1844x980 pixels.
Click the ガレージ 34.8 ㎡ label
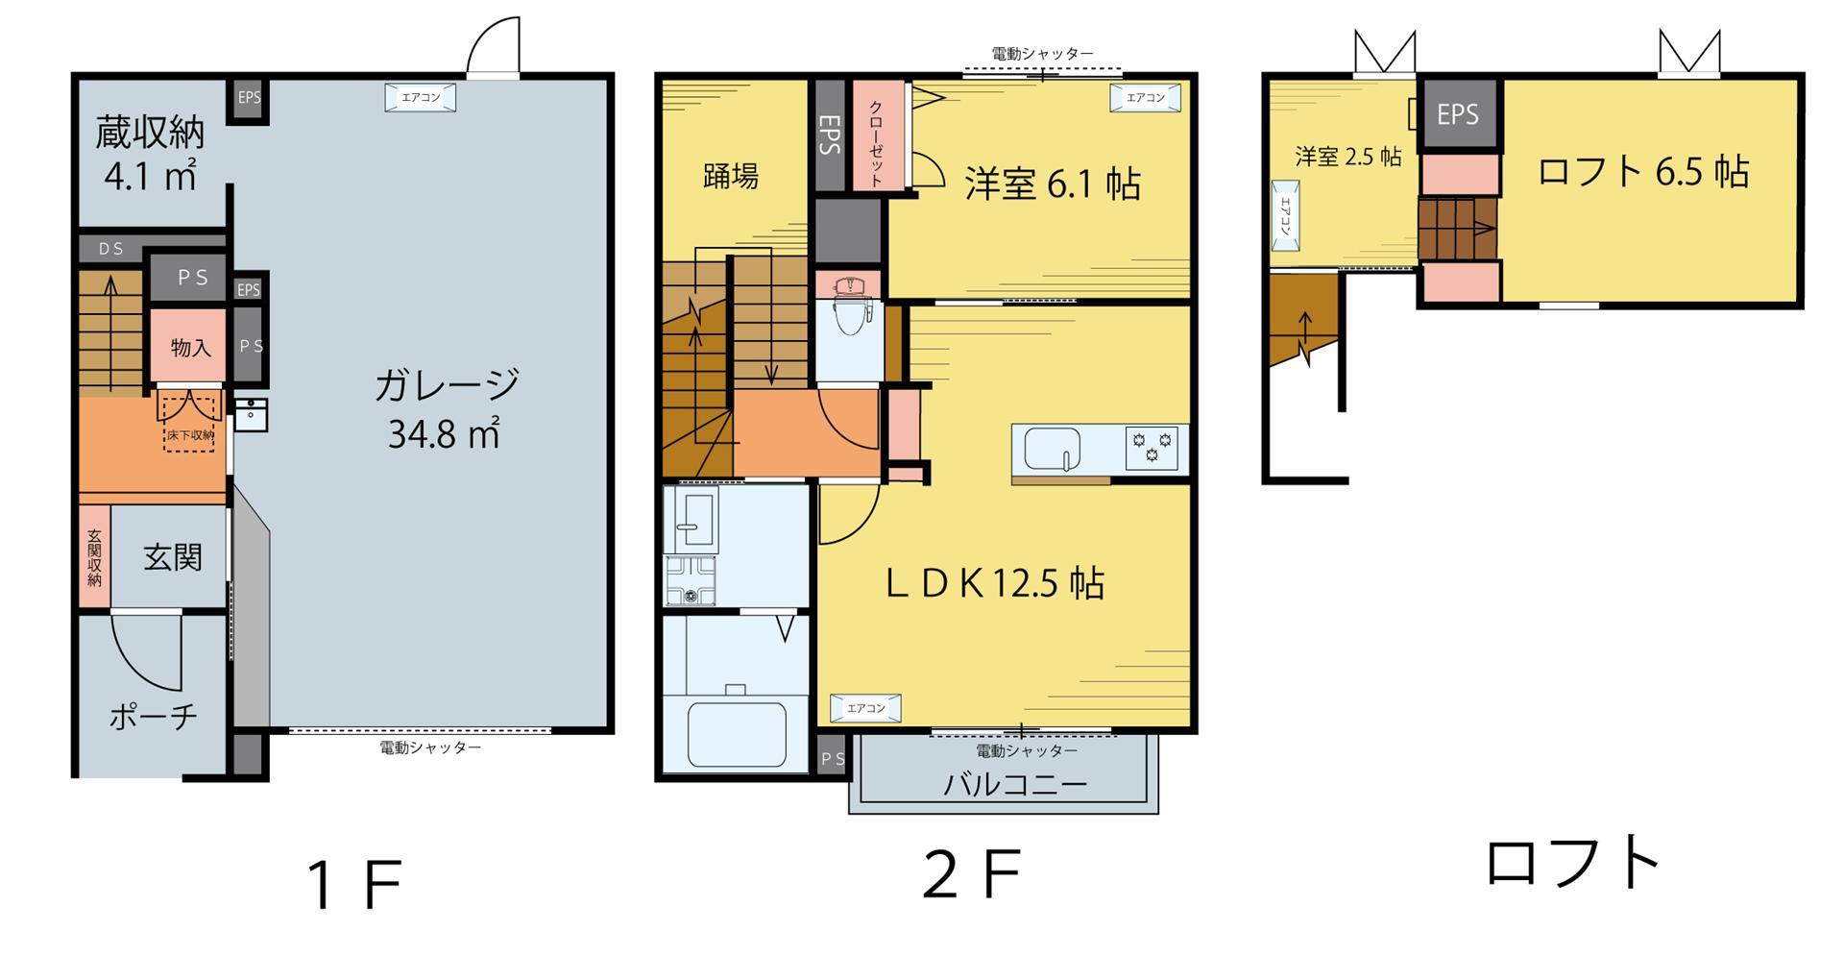point(445,408)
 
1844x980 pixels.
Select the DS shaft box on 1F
point(111,249)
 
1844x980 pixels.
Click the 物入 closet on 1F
point(190,347)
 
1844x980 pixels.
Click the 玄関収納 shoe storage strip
point(94,557)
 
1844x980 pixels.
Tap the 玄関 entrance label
point(173,557)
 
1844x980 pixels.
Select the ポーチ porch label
point(154,716)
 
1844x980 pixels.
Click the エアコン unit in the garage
point(421,97)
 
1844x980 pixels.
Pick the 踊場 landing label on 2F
point(731,176)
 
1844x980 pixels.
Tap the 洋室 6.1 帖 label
point(1053,183)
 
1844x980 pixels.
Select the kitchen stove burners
point(1152,449)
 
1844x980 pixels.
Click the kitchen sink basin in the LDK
point(1052,449)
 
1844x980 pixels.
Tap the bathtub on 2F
point(737,732)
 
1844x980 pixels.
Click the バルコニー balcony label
point(1015,784)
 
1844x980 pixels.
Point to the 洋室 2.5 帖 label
point(1347,157)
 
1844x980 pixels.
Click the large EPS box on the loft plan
point(1458,114)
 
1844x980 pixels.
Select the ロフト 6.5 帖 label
point(1642,171)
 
